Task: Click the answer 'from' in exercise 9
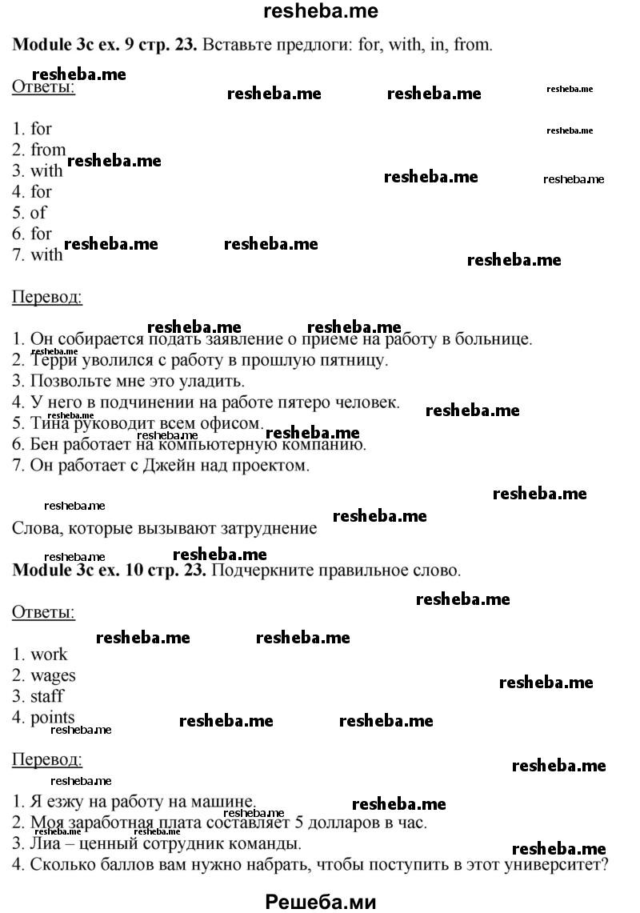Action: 48,150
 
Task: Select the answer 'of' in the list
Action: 38,213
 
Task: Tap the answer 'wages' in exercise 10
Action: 53,675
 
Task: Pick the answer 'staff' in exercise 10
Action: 47,696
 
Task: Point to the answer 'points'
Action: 53,717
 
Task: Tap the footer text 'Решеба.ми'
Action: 320,901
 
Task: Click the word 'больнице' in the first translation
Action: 495,338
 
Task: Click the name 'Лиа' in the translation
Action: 45,843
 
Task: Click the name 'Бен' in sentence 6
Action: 44,444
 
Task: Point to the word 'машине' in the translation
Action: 223,801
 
